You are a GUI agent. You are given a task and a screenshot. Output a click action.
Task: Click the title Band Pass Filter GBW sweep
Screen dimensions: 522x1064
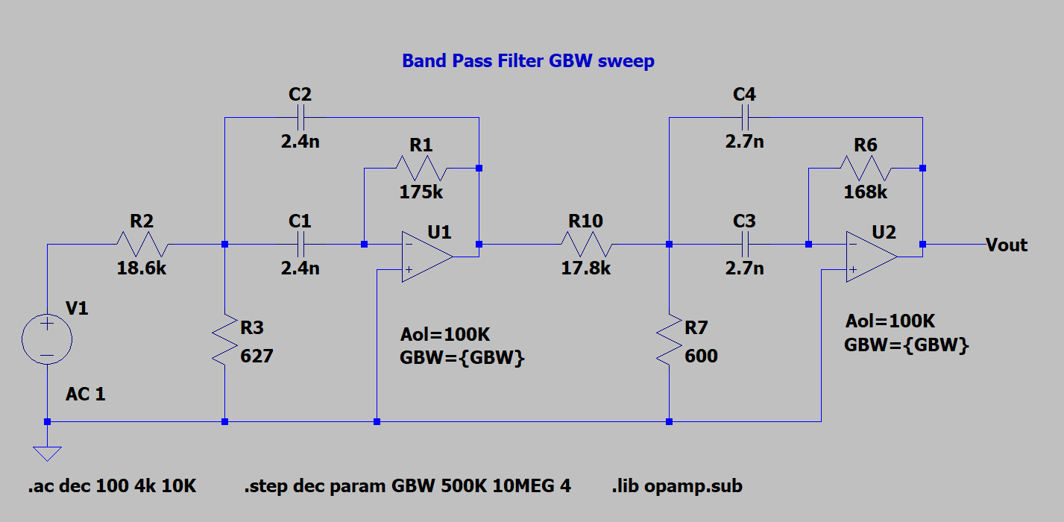(x=528, y=61)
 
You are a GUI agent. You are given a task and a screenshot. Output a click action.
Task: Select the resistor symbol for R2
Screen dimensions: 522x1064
(x=142, y=244)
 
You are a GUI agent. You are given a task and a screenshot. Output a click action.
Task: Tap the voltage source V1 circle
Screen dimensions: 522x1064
(x=47, y=339)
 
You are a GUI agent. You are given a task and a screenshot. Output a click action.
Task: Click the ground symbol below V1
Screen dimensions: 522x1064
(x=47, y=453)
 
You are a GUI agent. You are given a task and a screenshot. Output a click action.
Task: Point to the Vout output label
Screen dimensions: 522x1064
(x=1006, y=245)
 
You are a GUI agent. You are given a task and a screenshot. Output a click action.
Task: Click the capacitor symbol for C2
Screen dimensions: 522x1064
(x=300, y=118)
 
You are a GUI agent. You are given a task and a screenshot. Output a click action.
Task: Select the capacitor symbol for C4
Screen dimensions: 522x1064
(x=744, y=118)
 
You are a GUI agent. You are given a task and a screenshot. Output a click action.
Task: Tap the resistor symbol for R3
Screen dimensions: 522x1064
(x=224, y=339)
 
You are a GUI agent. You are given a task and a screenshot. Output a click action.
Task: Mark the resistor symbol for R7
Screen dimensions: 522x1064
(x=670, y=339)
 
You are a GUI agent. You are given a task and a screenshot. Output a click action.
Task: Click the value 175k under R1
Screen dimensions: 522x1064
(x=421, y=192)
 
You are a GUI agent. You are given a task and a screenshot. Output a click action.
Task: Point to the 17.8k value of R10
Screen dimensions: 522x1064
(x=585, y=268)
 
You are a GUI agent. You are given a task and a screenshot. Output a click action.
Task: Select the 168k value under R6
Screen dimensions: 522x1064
(x=865, y=192)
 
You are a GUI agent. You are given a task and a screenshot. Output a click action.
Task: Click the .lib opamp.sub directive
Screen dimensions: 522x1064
(x=676, y=486)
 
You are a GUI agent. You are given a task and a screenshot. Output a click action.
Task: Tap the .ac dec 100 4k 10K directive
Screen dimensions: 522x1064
(x=113, y=486)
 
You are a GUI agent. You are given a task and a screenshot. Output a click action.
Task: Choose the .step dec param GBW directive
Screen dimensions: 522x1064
(x=407, y=486)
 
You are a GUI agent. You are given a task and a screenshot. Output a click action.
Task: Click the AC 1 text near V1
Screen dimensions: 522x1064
(x=86, y=394)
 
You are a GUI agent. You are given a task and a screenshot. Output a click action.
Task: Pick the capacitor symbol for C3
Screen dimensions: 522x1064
(x=744, y=244)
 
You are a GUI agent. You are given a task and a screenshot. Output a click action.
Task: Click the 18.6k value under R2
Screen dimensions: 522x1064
(x=142, y=268)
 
